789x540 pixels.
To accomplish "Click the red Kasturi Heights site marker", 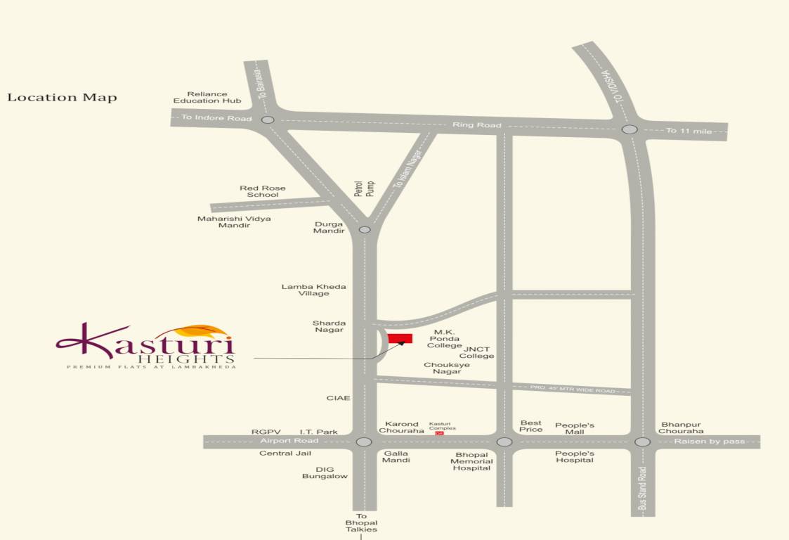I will tap(400, 339).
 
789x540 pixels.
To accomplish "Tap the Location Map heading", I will tap(62, 97).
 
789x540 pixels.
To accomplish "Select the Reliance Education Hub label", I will tap(207, 97).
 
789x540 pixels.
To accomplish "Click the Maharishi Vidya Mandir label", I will tap(234, 221).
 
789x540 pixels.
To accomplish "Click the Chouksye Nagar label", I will tap(447, 368).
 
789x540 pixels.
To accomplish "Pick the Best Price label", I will tap(531, 425).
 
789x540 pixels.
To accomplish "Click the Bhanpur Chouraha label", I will tap(681, 427).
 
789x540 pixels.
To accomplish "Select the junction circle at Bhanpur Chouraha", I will tap(642, 442).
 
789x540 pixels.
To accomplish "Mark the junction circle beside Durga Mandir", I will tap(365, 229).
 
